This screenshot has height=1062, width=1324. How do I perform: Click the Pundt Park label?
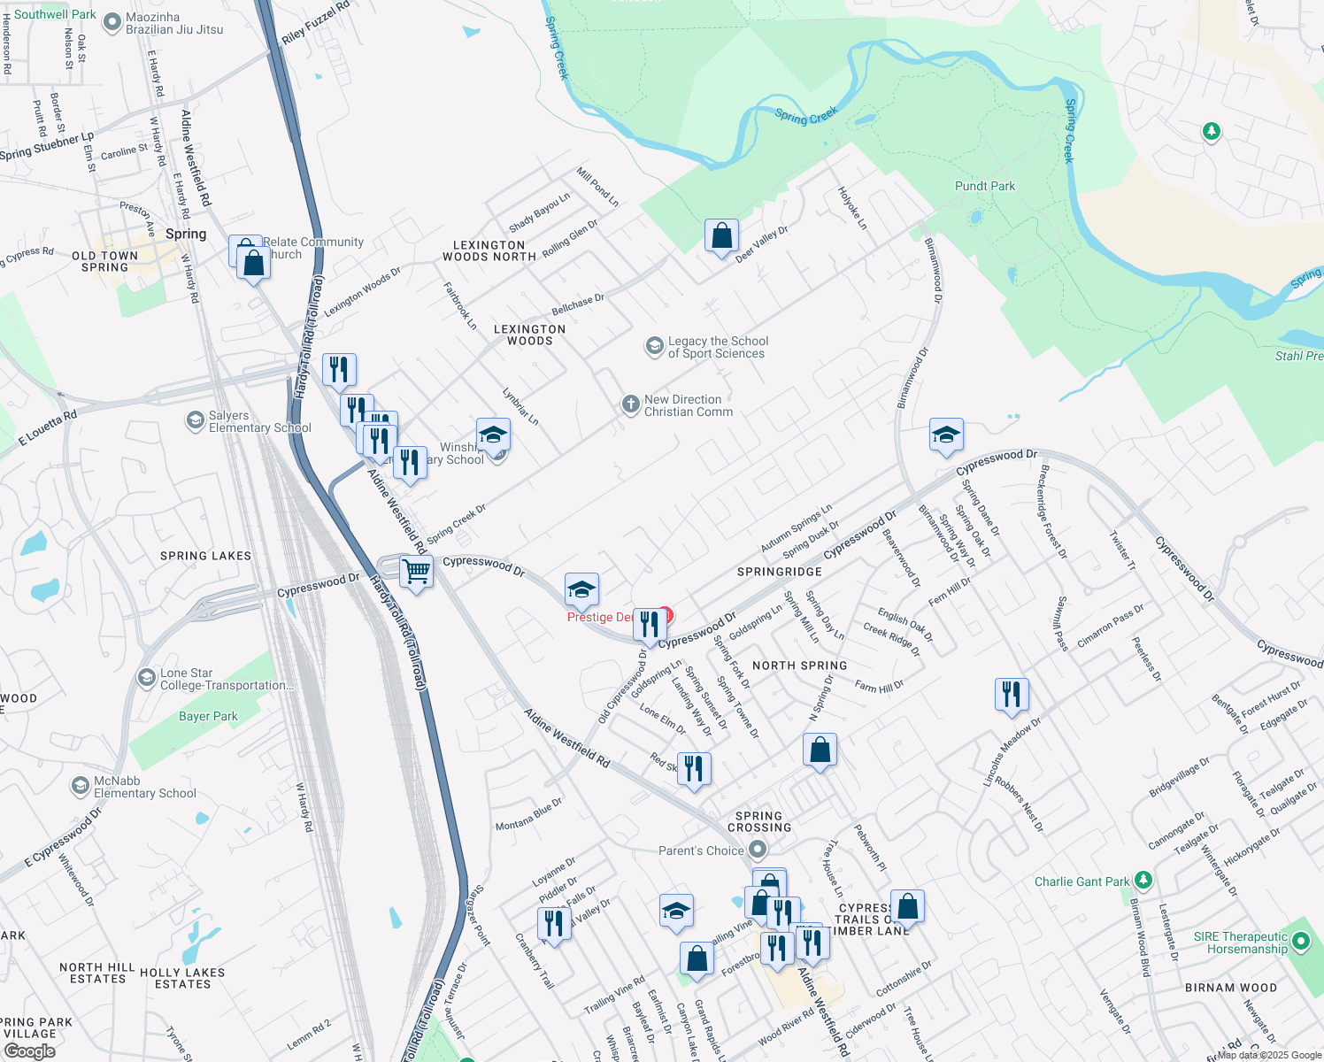pos(984,186)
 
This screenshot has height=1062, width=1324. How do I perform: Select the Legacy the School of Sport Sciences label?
pos(718,347)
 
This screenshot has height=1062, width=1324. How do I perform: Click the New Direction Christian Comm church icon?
pos(630,404)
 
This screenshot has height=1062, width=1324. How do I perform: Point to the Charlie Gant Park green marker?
pos(1143,880)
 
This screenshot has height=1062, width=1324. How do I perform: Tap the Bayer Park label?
pos(208,716)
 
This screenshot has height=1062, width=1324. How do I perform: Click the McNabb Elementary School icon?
pos(81,786)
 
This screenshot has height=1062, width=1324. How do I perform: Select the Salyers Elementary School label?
pos(259,421)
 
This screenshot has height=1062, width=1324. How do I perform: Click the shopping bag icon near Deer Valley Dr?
pos(721,236)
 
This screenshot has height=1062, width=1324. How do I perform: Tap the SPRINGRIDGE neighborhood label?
pos(779,572)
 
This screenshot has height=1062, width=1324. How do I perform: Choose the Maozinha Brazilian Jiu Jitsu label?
pos(174,23)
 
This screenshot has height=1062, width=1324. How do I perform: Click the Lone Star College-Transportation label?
pos(227,679)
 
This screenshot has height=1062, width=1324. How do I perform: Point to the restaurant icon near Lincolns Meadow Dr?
pos(1011,695)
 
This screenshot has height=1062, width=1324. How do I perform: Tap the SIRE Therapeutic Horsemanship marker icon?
pos(1300,942)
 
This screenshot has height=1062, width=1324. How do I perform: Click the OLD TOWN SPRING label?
pos(104,261)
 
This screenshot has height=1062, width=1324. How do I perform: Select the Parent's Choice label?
pos(701,850)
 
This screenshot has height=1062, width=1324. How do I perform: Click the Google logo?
pos(29,1051)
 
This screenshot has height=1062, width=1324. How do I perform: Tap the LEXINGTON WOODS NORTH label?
pos(489,250)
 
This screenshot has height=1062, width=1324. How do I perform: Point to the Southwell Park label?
pos(55,14)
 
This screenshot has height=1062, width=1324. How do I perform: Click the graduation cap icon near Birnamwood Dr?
pos(946,435)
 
